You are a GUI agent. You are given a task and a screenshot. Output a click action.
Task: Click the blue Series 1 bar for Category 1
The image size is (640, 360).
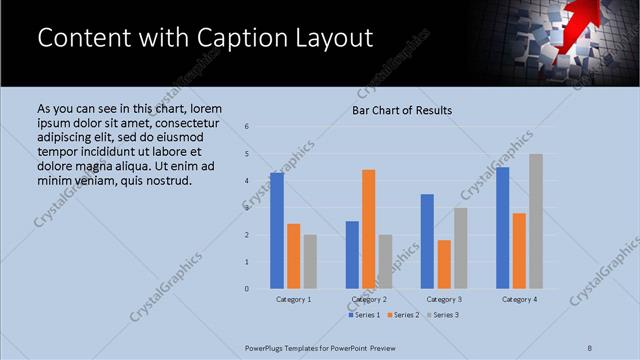[x=277, y=231]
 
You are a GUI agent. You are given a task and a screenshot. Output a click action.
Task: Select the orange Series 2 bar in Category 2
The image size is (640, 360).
[x=368, y=229]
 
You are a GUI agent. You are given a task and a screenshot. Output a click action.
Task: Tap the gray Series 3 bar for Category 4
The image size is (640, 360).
[x=536, y=221]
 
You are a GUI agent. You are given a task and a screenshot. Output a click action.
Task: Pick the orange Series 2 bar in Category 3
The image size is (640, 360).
[x=444, y=264]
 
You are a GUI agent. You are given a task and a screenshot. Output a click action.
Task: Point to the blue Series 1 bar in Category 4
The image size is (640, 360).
[x=502, y=228]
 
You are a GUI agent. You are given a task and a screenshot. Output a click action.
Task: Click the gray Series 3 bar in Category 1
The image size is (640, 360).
[x=310, y=262]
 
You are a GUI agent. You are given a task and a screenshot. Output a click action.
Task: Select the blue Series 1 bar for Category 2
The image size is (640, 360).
[x=352, y=255]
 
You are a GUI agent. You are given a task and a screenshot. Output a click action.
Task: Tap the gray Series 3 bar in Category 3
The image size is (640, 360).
[x=460, y=248]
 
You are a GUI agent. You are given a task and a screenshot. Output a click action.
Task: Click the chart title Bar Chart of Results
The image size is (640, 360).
[x=402, y=110]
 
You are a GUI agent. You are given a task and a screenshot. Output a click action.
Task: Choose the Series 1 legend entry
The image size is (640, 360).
[x=363, y=315]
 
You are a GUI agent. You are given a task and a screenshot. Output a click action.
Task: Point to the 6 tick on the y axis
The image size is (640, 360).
[x=247, y=127]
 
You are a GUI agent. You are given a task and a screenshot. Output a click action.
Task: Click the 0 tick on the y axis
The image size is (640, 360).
[x=247, y=289]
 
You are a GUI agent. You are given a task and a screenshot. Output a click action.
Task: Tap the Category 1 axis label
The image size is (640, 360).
[x=293, y=299]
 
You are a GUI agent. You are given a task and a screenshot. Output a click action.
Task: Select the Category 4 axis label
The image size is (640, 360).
[x=519, y=299]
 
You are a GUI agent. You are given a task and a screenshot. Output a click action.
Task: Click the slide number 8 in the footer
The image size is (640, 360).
[x=590, y=348]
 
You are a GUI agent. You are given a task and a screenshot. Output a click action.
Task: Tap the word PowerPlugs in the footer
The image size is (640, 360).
[x=267, y=348]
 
